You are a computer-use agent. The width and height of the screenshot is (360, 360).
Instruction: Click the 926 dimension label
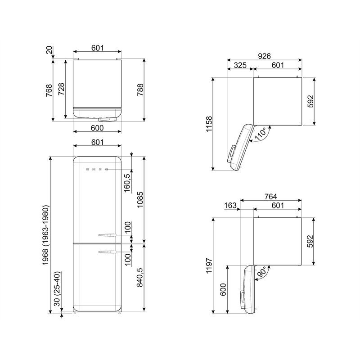tap(264, 56)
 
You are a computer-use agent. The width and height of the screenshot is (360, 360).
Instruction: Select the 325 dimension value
tap(240, 65)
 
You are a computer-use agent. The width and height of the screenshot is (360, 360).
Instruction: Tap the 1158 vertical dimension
tap(208, 124)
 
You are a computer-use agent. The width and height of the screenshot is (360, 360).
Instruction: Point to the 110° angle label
tap(261, 134)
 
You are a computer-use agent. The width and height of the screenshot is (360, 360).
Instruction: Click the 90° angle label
tap(262, 272)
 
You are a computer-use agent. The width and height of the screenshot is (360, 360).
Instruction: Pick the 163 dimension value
tap(230, 205)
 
